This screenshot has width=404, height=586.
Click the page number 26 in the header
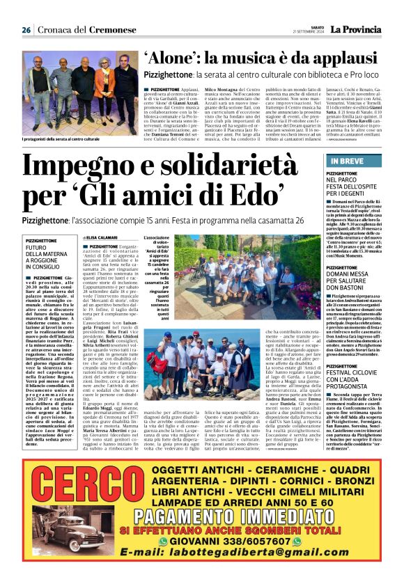click(x=26, y=30)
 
